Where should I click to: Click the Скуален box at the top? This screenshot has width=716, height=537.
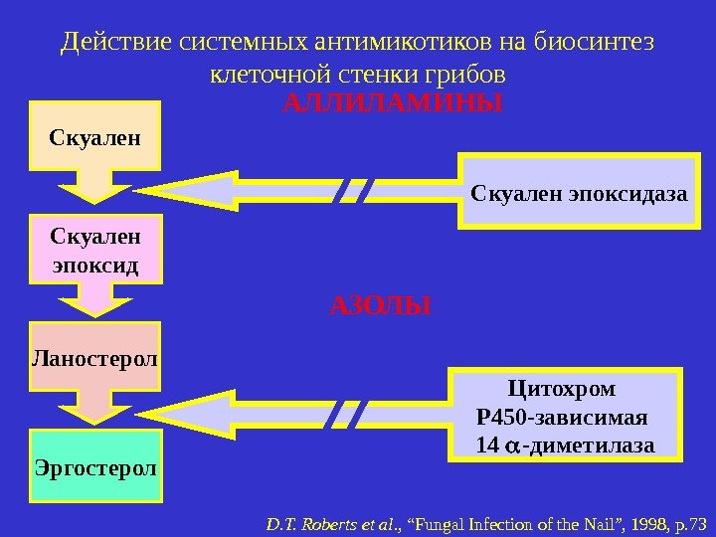point(95,134)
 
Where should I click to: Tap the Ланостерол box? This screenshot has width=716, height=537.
point(95,355)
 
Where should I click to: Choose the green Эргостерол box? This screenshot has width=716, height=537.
point(95,464)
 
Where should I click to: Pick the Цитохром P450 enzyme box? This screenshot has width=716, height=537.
point(566,415)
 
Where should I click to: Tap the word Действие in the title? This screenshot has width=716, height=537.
point(114,43)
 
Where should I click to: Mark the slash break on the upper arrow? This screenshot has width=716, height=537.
point(354,190)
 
